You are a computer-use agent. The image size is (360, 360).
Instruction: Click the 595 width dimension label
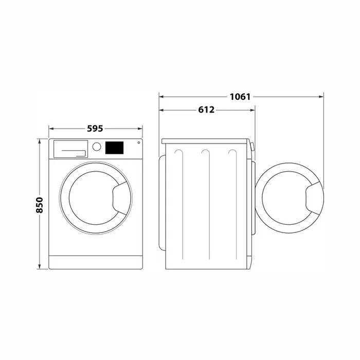click(x=95, y=129)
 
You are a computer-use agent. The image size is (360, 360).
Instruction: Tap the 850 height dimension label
click(x=40, y=205)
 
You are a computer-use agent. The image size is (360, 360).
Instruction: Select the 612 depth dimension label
click(x=206, y=110)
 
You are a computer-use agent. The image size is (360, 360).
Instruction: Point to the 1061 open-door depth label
click(x=240, y=97)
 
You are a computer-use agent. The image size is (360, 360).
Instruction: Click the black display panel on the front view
click(x=114, y=148)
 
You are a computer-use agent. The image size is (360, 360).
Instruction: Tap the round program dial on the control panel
click(x=97, y=147)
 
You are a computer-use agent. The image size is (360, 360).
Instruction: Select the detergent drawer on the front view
click(x=71, y=149)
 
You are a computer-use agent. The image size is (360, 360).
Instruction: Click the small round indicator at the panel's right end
click(x=139, y=142)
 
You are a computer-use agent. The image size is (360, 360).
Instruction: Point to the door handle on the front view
click(x=120, y=199)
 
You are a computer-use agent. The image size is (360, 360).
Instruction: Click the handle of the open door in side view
click(x=313, y=198)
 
